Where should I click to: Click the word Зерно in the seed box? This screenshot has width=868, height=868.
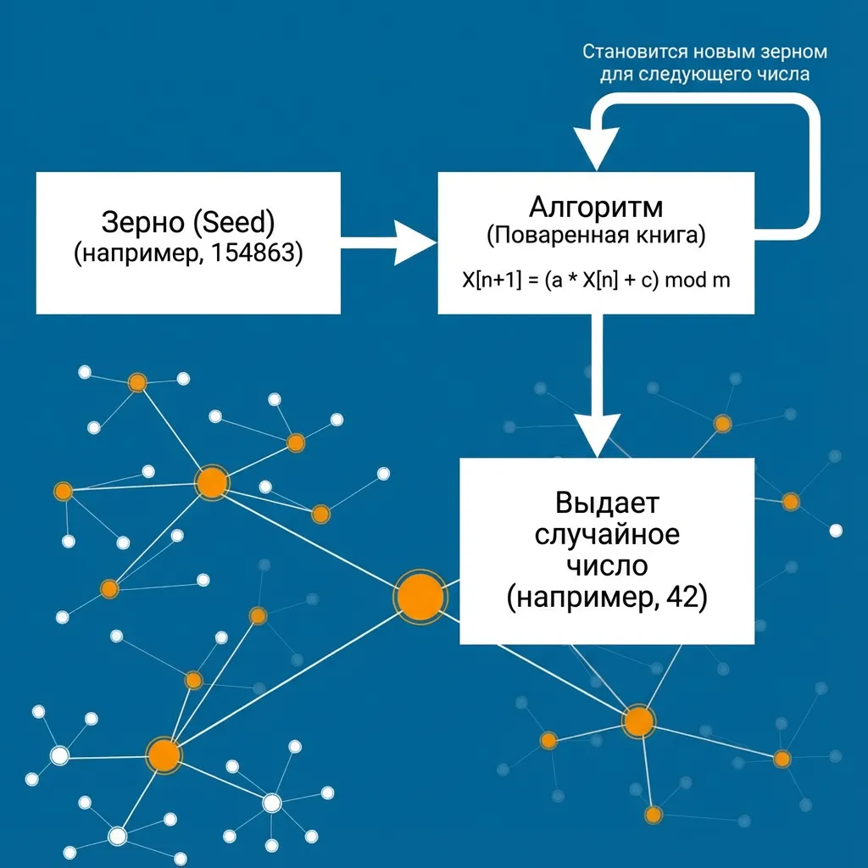click(142, 222)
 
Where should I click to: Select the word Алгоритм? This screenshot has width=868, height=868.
click(596, 208)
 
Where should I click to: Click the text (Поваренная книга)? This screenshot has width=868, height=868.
click(596, 236)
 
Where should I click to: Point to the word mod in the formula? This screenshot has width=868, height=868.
click(685, 280)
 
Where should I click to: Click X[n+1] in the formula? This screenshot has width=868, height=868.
click(492, 280)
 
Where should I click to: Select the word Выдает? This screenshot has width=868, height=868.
click(607, 504)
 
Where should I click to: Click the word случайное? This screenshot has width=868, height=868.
click(607, 534)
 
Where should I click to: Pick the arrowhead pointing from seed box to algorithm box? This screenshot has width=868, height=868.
click(415, 242)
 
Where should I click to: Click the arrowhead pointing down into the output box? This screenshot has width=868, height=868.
click(597, 435)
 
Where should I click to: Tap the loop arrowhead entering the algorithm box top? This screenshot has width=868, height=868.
click(596, 148)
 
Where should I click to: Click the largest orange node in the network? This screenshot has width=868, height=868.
click(420, 597)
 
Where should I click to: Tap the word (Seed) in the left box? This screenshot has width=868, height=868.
click(235, 222)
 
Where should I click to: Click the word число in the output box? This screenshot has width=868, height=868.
click(607, 565)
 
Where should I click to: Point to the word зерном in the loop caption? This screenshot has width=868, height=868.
click(793, 53)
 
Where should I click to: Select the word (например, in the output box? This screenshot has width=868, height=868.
click(583, 598)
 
